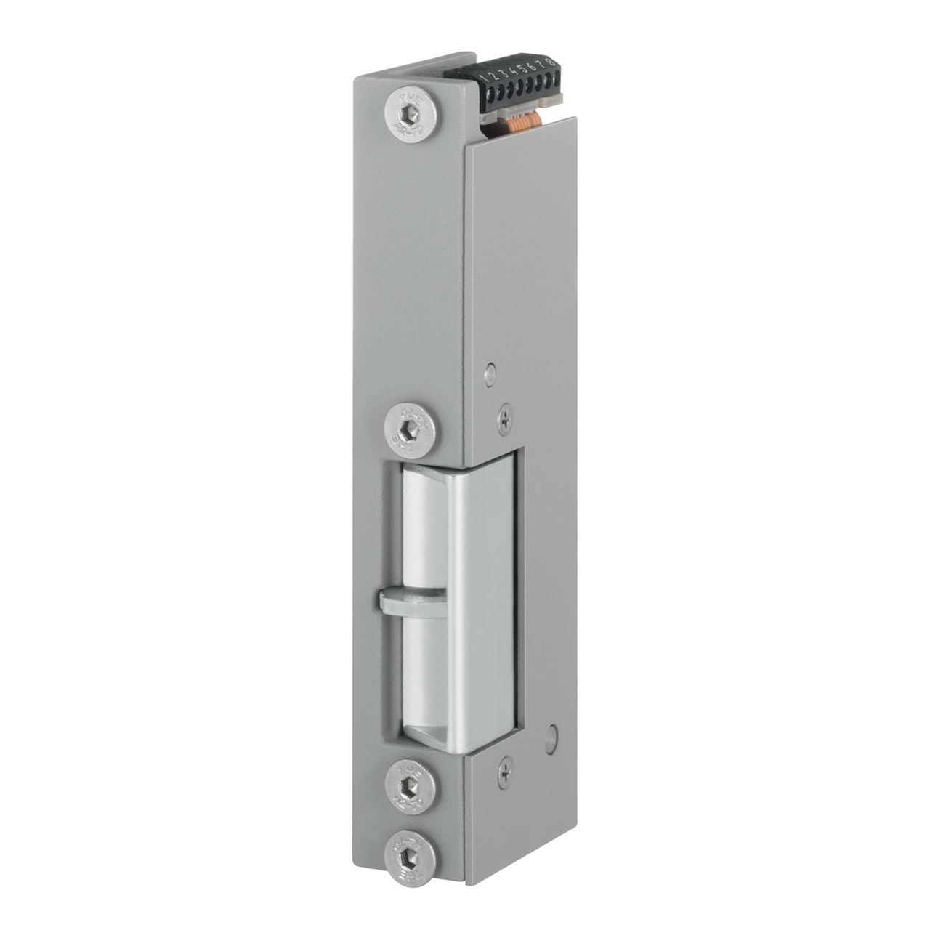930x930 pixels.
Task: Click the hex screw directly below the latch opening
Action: pos(412,787)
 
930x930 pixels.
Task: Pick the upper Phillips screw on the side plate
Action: pos(504,419)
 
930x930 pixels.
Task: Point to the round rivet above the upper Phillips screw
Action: pos(491,374)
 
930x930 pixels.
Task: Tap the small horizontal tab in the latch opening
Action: pos(407,603)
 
